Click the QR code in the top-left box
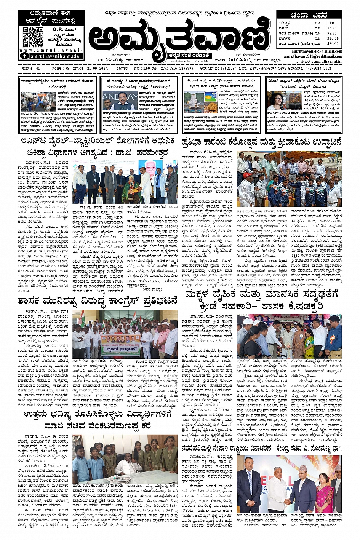click(33, 37)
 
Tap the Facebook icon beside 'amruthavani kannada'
click(24, 56)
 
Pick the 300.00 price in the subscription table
click(333, 38)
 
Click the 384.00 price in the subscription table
click(333, 43)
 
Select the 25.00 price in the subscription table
click(332, 28)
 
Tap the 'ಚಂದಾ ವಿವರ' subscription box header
click(309, 16)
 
